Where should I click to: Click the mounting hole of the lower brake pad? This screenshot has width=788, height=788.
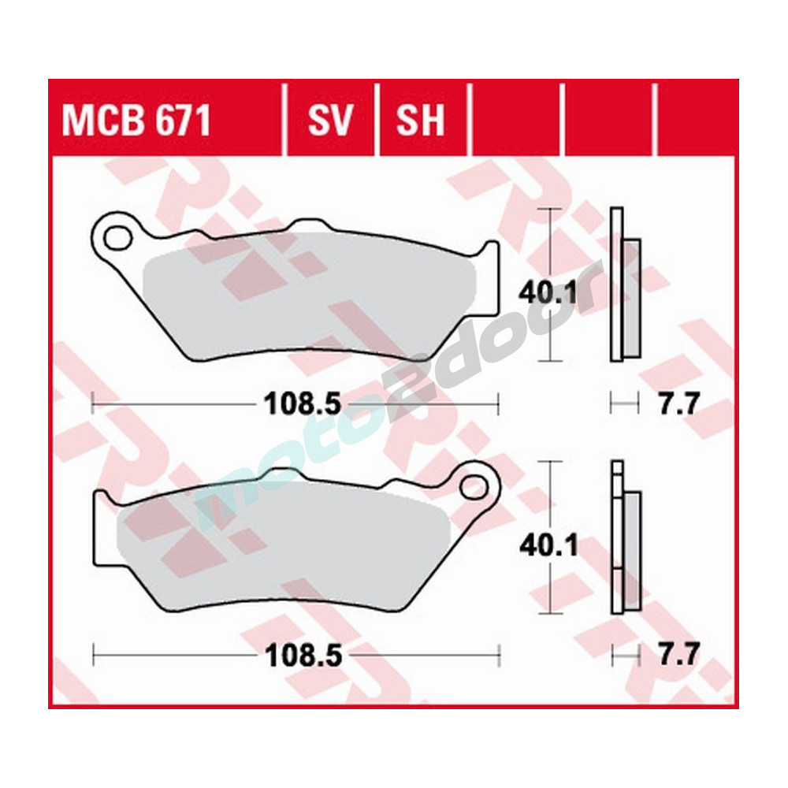474,485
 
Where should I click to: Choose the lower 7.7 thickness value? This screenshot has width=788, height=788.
677,655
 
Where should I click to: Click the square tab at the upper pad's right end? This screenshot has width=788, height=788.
489,260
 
